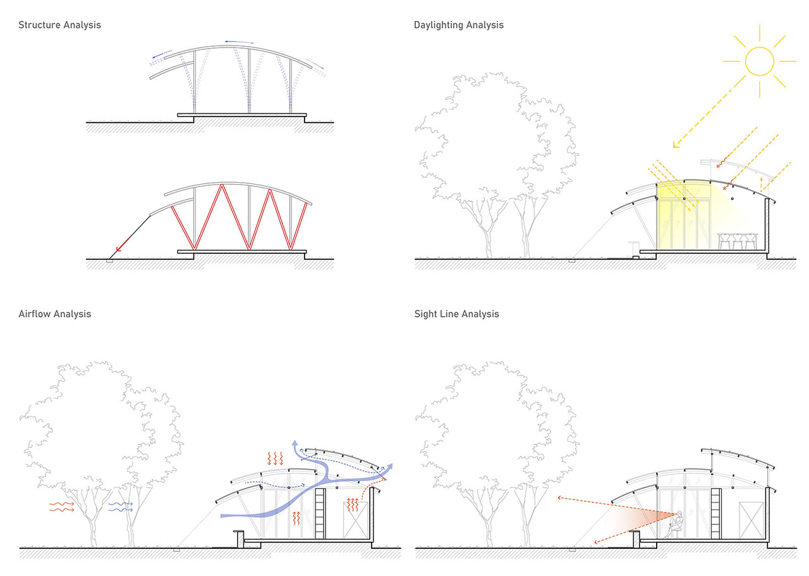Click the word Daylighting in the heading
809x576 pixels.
(439, 25)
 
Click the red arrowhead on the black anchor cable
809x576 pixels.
(118, 249)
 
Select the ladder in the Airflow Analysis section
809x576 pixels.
(320, 513)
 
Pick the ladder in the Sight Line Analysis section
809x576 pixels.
(716, 513)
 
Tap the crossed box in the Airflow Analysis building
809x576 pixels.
(355, 520)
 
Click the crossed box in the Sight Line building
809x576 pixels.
(751, 520)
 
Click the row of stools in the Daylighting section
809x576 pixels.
(738, 241)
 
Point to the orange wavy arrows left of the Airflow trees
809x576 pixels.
(62, 506)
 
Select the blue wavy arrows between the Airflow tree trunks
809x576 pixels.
(121, 506)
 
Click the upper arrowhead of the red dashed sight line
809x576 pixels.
(559, 498)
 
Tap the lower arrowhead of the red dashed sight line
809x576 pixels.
(596, 542)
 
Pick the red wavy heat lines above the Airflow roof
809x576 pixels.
(275, 458)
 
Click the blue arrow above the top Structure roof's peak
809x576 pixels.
(240, 42)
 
